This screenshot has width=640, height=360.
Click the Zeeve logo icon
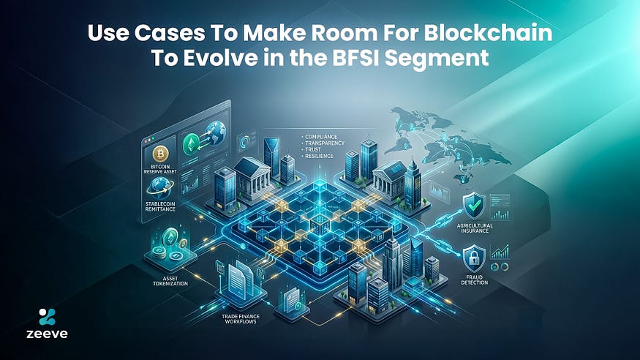45,318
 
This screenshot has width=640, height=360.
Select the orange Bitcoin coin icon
162,152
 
